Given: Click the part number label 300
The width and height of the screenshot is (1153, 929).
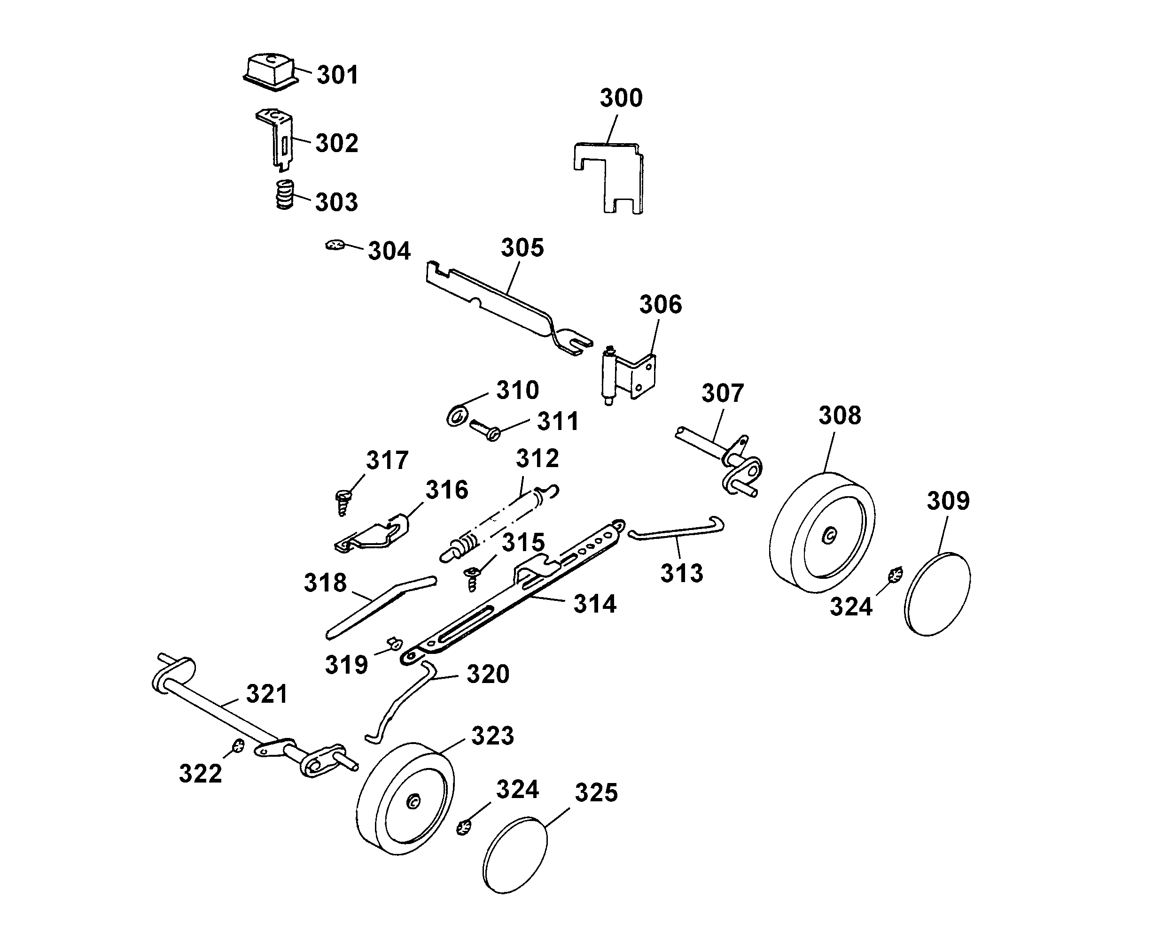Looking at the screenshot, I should [x=621, y=99].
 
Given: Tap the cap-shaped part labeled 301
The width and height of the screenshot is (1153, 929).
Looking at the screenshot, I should [x=271, y=72].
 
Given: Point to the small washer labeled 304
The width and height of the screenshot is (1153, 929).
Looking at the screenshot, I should [x=334, y=245].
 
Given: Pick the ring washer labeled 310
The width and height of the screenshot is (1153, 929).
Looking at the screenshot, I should [x=457, y=416].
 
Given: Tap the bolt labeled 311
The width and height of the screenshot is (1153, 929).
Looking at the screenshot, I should [x=485, y=429].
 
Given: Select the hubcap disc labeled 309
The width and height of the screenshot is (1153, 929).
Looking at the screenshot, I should [x=938, y=594].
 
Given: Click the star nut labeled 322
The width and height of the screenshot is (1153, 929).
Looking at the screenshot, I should [x=238, y=745].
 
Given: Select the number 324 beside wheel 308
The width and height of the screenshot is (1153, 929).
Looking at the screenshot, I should [x=851, y=607].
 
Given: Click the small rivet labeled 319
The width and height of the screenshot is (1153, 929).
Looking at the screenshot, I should [x=396, y=643].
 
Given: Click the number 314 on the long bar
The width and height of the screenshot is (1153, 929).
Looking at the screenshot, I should [x=594, y=604].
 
